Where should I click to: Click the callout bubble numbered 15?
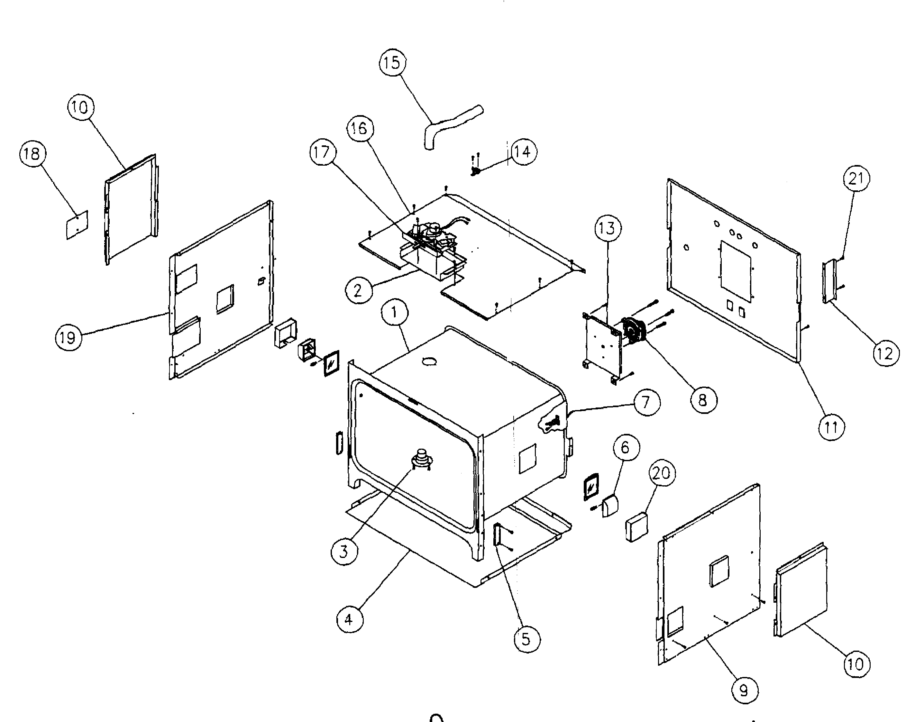point(392,63)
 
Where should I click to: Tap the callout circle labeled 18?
point(32,153)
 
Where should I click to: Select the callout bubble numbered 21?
point(856,179)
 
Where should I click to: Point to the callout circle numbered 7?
point(646,402)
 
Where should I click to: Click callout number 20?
point(662,473)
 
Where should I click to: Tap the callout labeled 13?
point(607,229)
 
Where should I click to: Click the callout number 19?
point(68,338)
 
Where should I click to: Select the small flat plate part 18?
point(77,225)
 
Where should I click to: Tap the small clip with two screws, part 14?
point(475,171)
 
